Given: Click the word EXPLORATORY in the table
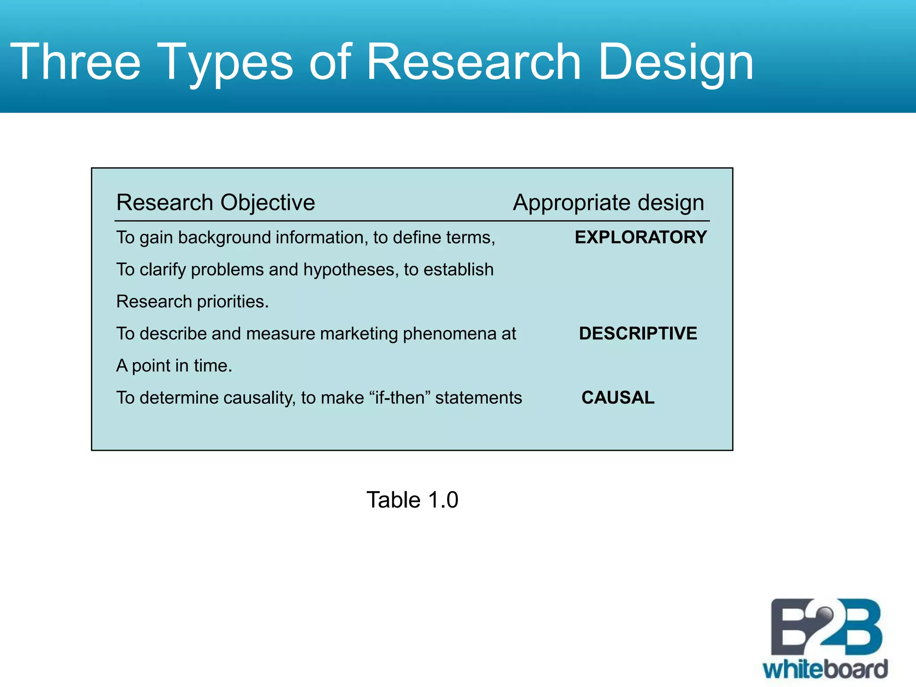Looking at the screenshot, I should point(640,237).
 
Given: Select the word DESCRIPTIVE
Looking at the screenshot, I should point(638,333).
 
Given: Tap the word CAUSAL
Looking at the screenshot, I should point(618,397).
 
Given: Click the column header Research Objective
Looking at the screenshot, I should point(216,203).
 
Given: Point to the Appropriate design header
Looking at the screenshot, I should point(608,203).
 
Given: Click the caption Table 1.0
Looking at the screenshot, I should point(412,500).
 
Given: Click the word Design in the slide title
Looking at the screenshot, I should point(675,63).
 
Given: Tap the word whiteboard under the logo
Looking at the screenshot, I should point(826,669).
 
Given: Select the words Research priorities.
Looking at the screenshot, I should point(192,302).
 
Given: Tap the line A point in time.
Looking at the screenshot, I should point(174,366).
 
